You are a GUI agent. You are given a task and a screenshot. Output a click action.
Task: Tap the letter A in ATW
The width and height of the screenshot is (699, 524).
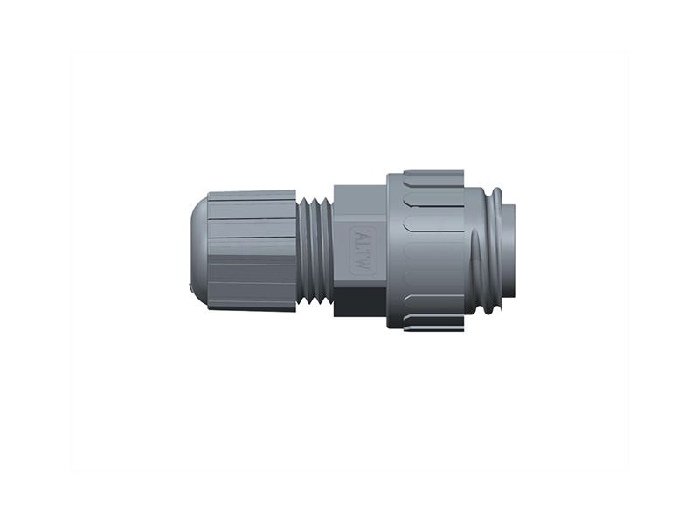click(x=362, y=233)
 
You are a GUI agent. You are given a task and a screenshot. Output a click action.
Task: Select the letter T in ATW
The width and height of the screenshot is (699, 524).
click(x=362, y=243)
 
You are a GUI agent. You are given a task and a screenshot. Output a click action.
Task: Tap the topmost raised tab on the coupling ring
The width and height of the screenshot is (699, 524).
click(x=433, y=176)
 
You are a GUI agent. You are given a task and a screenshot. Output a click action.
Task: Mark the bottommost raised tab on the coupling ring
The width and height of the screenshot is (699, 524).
click(x=433, y=325)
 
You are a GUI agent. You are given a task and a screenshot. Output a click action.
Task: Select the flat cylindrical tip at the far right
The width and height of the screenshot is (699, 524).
click(x=509, y=249)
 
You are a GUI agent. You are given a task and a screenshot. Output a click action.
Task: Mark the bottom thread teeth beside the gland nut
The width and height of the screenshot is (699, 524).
click(x=315, y=300)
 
